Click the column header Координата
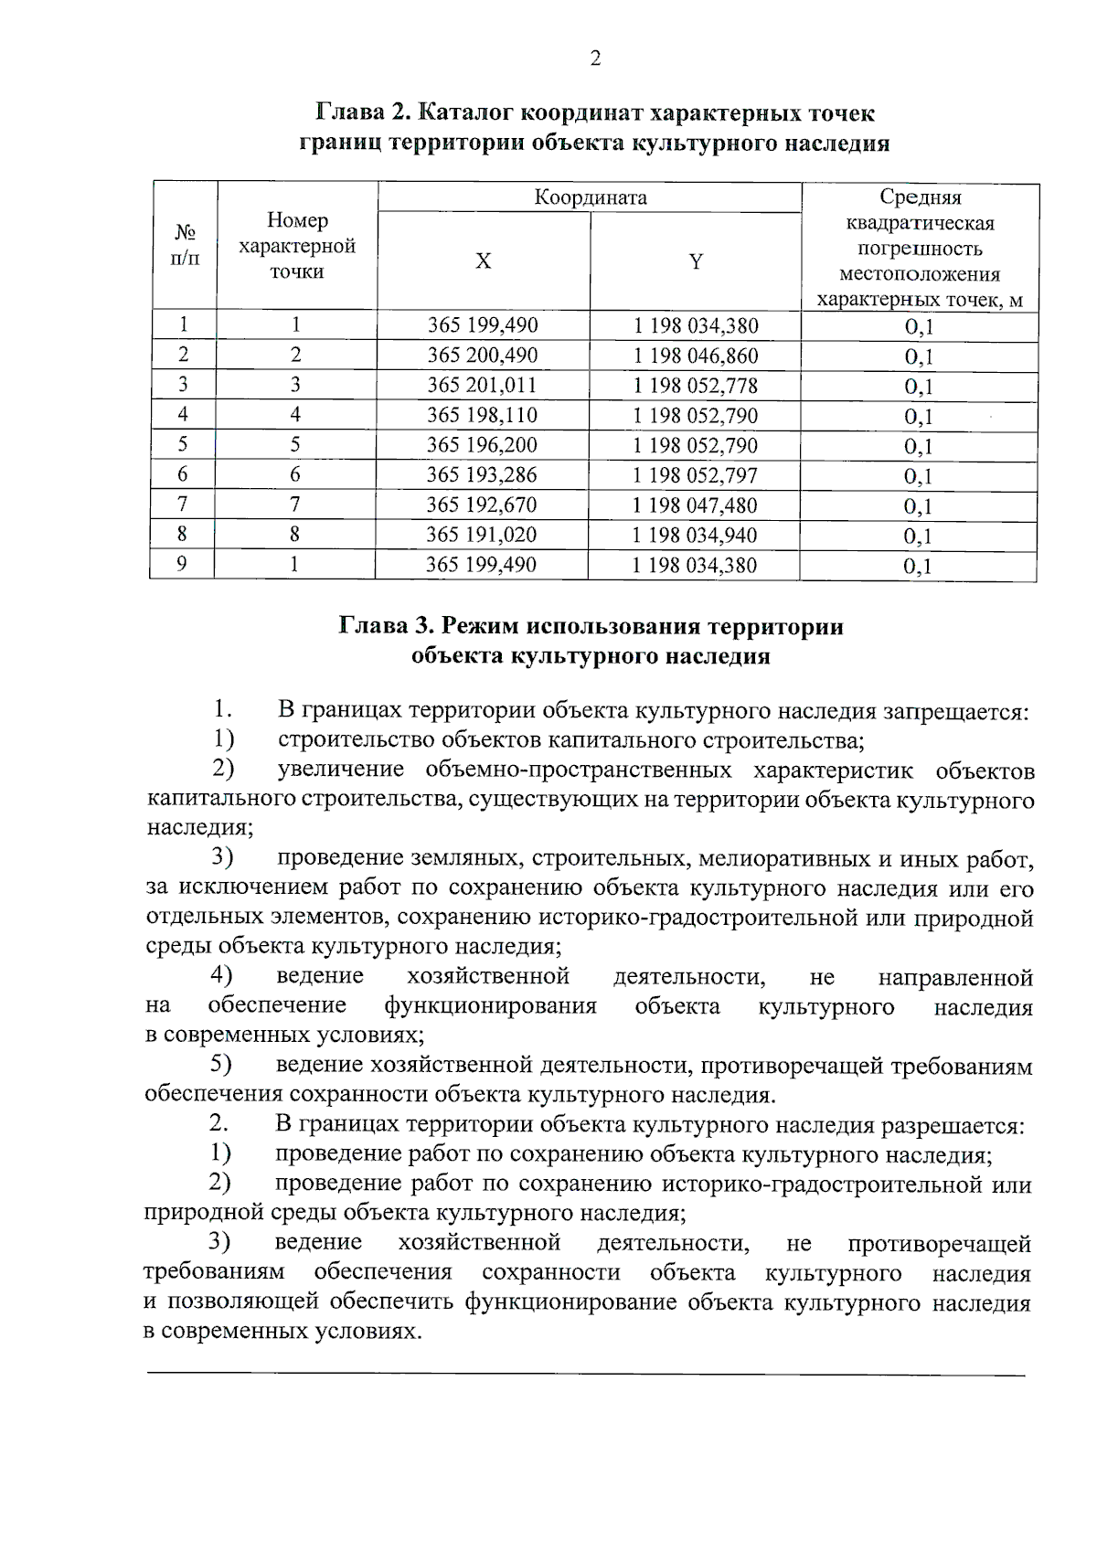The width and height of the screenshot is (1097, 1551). point(591,197)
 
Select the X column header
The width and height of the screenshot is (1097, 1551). point(483,261)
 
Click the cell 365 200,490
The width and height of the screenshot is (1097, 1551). point(482,356)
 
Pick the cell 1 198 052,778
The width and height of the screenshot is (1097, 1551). point(695,386)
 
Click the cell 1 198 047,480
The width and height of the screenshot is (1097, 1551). point(694,505)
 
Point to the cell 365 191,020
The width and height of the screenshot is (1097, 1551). point(481,535)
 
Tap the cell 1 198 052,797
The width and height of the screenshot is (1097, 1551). point(695,475)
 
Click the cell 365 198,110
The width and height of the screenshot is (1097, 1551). point(482,416)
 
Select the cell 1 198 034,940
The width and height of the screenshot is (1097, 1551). point(694,536)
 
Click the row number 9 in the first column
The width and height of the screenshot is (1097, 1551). point(182,564)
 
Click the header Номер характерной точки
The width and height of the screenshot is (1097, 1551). point(296,246)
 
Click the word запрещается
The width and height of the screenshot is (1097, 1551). point(959,712)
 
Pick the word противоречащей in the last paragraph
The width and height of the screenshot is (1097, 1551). point(940,1244)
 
